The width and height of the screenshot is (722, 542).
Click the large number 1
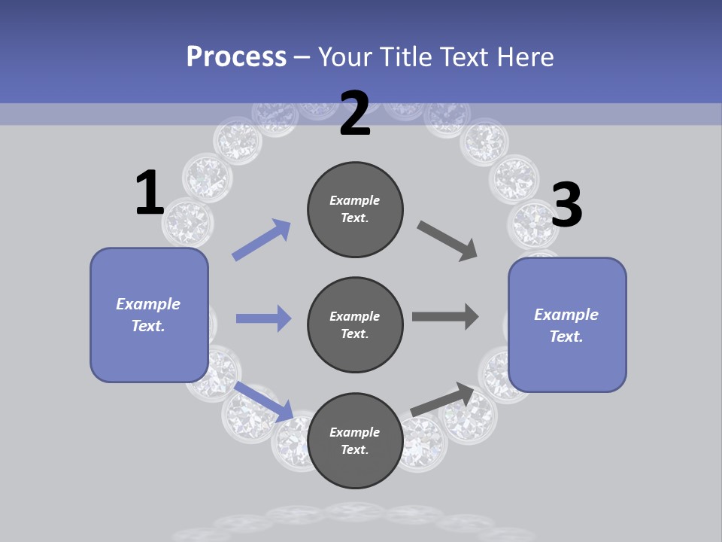[150, 193]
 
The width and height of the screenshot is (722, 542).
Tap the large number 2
[355, 114]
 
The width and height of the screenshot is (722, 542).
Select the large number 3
[566, 205]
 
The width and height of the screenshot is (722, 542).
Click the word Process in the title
[236, 56]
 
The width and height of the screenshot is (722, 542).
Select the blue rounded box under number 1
[149, 315]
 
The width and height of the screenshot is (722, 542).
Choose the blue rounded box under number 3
[567, 324]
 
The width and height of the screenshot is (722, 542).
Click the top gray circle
[355, 209]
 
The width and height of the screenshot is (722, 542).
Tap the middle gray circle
[355, 324]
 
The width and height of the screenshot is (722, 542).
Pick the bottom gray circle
[355, 440]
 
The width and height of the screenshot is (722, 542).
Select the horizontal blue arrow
[263, 318]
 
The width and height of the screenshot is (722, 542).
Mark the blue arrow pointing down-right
[265, 401]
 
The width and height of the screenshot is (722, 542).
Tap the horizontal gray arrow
[445, 316]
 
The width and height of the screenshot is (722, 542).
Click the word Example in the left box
[148, 304]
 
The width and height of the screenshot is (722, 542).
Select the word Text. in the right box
[566, 336]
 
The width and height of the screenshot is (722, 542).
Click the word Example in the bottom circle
[355, 432]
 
